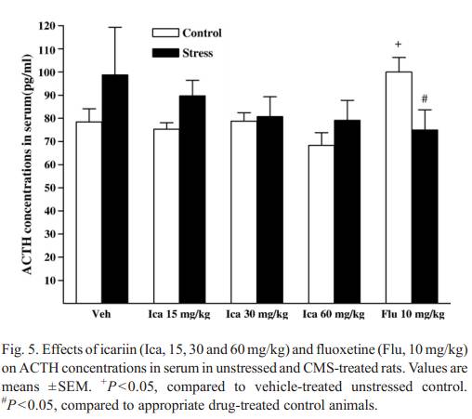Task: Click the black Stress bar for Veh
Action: (x=115, y=189)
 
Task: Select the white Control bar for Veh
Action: (x=89, y=212)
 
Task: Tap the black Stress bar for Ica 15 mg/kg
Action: (x=192, y=199)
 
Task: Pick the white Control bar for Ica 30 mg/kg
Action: (x=243, y=212)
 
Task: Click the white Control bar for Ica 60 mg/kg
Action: (x=321, y=224)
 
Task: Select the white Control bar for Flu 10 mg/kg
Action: (x=399, y=188)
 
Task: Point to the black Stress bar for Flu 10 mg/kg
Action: (x=425, y=216)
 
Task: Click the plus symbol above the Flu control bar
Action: (x=399, y=45)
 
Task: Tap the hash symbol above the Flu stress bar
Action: (x=425, y=98)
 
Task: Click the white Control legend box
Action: (x=165, y=33)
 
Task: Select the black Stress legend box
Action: (x=165, y=53)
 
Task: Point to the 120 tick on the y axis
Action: (x=60, y=26)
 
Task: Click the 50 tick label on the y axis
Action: (x=50, y=188)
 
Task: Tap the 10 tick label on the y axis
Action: (x=50, y=281)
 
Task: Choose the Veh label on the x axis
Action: (x=101, y=314)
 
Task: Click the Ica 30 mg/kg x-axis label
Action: (x=257, y=315)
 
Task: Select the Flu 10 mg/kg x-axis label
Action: (x=413, y=315)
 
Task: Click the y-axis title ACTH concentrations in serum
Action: (x=27, y=164)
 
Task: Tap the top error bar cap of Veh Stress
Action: (x=115, y=27)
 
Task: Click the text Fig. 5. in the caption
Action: (x=20, y=349)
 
